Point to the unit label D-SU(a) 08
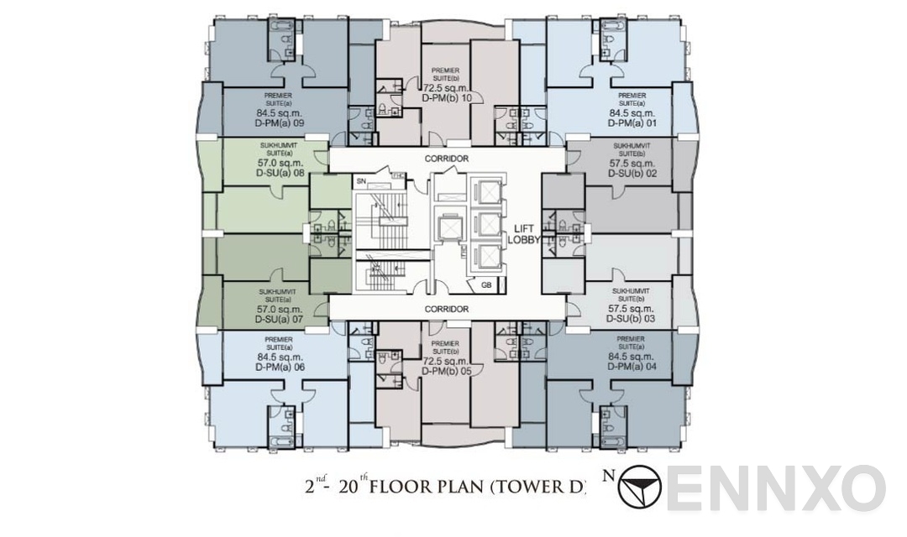(x=280, y=174)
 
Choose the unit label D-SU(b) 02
(x=632, y=174)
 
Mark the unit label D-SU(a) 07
(x=280, y=320)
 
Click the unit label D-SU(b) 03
(x=632, y=320)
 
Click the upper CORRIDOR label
(x=447, y=159)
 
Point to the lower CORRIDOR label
(x=447, y=310)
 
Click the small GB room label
(x=486, y=285)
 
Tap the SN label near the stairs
(x=361, y=180)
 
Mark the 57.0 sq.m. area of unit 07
(x=280, y=309)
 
